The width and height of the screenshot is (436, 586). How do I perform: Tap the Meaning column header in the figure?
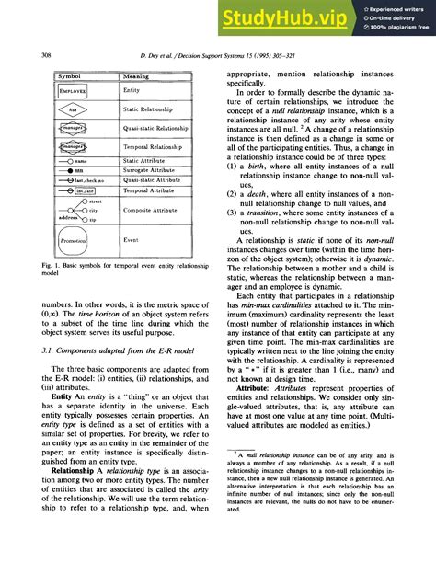(138, 76)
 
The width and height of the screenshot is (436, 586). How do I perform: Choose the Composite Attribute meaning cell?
(152, 211)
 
